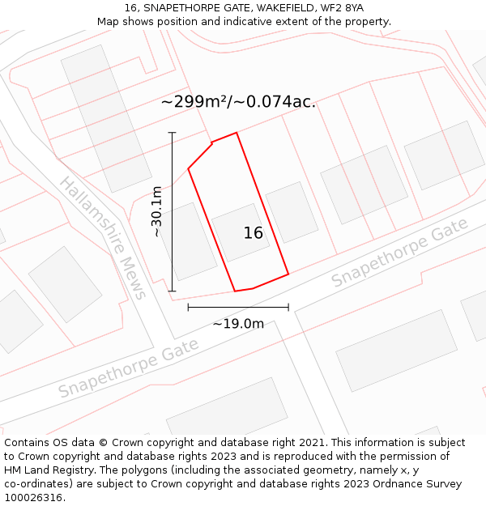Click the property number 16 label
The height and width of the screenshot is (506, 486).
pyautogui.click(x=254, y=233)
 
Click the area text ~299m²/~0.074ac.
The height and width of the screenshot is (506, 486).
pyautogui.click(x=238, y=102)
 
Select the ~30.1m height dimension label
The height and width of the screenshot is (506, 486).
pyautogui.click(x=157, y=211)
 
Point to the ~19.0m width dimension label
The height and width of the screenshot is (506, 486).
pyautogui.click(x=238, y=324)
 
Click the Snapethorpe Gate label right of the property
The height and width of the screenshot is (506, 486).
pyautogui.click(x=400, y=252)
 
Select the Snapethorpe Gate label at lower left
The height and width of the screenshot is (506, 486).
pyautogui.click(x=128, y=369)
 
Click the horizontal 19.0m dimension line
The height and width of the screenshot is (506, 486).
pyautogui.click(x=238, y=307)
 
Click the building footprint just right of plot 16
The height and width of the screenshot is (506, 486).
pyautogui.click(x=292, y=212)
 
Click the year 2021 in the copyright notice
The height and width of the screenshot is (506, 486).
pyautogui.click(x=313, y=443)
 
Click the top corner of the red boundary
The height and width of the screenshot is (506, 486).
pyautogui.click(x=237, y=133)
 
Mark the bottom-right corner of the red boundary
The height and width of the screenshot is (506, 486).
pyautogui.click(x=288, y=274)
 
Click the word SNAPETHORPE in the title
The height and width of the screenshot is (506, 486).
pyautogui.click(x=180, y=8)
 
